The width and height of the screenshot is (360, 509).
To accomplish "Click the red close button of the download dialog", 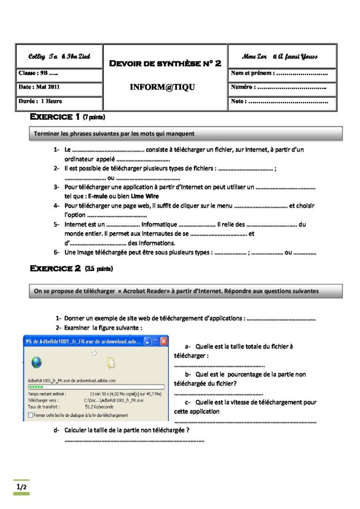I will click(x=164, y=342).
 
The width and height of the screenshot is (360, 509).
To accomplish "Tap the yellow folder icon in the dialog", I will click(x=111, y=363).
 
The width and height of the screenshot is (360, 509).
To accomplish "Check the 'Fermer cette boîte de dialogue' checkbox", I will click(x=31, y=415).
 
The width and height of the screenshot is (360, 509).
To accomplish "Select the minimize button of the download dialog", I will click(x=147, y=342).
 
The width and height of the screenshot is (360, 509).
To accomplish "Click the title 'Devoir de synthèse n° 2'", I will click(x=165, y=63).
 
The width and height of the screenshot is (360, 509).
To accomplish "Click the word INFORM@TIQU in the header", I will click(x=163, y=87).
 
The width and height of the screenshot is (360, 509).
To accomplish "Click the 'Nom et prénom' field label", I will click(x=252, y=74).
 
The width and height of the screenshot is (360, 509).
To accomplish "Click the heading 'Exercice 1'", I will click(x=55, y=117).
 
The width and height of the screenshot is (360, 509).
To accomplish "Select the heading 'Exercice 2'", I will click(x=56, y=268).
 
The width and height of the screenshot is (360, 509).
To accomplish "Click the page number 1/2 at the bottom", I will click(x=21, y=487).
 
